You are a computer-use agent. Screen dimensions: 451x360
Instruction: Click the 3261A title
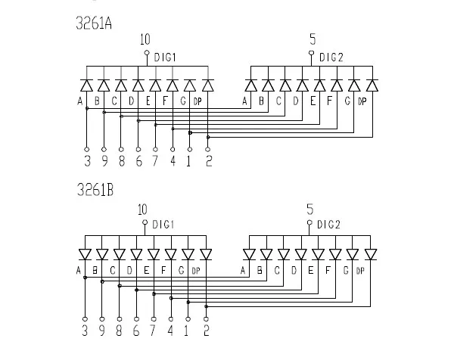(x=94, y=23)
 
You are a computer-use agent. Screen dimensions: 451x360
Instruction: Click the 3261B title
(x=95, y=190)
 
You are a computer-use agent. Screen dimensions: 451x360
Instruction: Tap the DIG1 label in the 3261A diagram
(x=165, y=57)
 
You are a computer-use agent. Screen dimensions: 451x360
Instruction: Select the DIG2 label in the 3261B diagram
(x=328, y=225)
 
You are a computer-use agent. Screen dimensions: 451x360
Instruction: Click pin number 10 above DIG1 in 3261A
(x=145, y=39)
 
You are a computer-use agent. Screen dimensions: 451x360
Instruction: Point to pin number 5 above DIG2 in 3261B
(x=309, y=209)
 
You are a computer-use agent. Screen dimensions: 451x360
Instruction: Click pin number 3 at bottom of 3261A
(x=88, y=161)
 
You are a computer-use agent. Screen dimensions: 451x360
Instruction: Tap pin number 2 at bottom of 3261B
(x=207, y=331)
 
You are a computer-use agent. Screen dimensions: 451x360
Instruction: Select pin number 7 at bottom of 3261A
(x=155, y=161)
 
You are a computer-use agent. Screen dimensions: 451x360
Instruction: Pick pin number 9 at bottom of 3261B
(x=102, y=331)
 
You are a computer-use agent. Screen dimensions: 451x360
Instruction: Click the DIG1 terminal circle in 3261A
(x=147, y=53)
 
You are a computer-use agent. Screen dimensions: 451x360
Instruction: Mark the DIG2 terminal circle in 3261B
(x=309, y=222)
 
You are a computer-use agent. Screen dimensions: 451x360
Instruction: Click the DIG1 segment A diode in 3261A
(x=86, y=85)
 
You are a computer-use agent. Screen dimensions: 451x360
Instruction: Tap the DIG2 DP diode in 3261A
(x=372, y=85)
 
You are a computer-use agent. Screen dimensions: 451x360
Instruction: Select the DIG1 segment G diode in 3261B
(x=188, y=254)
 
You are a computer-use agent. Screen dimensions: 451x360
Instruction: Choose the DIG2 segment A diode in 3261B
(x=249, y=254)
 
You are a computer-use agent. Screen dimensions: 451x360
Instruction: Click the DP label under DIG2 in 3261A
(x=362, y=101)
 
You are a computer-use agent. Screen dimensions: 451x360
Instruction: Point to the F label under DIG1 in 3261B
(x=163, y=270)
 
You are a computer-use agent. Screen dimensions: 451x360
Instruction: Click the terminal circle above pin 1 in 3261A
(x=190, y=150)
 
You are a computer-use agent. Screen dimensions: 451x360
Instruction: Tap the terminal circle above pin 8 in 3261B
(x=120, y=319)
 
